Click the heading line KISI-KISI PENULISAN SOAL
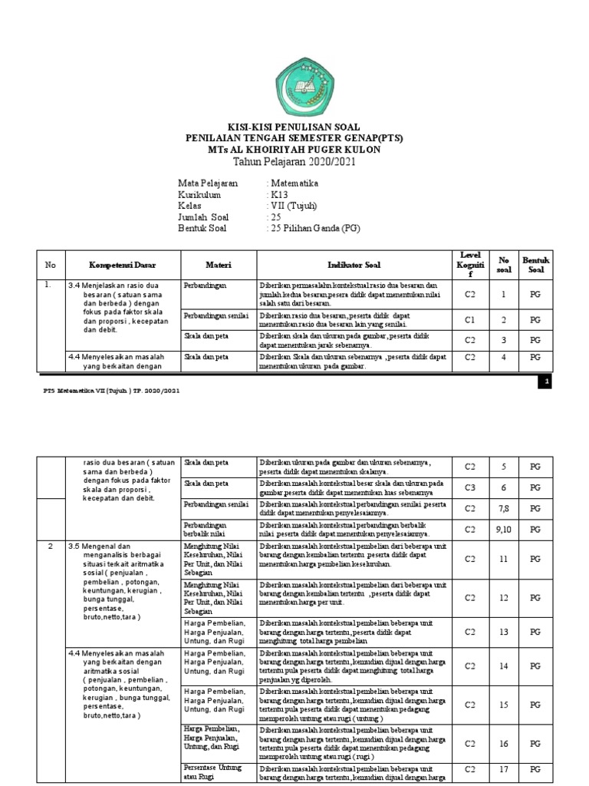tap(294, 127)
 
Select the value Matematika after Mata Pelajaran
tap(295, 184)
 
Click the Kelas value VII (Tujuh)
tap(292, 206)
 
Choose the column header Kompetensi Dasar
tap(123, 265)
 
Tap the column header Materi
tap(219, 265)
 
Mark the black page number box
tap(545, 381)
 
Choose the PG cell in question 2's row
tap(536, 319)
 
